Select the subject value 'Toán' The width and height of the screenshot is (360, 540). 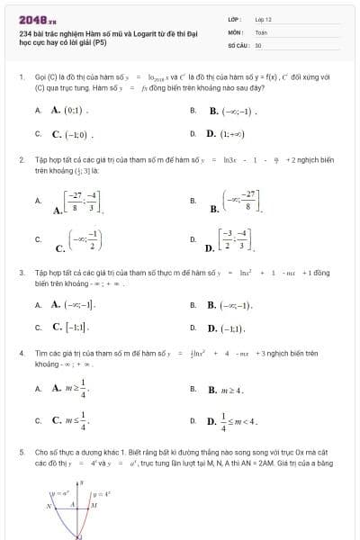tap(261, 31)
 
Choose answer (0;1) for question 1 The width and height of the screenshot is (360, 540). tap(68, 111)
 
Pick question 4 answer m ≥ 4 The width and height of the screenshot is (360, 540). tap(226, 389)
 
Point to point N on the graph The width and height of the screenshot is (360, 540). tap(49, 506)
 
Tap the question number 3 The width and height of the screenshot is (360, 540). tap(21, 271)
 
